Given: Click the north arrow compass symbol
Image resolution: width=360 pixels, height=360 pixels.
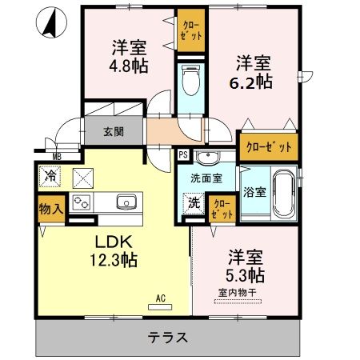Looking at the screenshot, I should point(50,23).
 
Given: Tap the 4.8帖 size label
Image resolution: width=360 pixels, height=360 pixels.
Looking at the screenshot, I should point(129,66).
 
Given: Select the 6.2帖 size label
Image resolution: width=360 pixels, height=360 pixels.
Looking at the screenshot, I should point(254,81).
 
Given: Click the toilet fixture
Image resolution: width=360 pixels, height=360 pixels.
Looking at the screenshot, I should point(190,81).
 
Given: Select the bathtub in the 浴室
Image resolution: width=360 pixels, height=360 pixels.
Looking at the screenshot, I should point(284,194).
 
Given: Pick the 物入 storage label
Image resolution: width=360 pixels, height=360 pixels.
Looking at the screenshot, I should point(50,210).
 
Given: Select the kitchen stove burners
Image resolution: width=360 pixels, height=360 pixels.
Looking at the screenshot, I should point(82,202).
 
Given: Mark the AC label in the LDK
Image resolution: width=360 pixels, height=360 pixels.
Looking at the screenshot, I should point(161,298).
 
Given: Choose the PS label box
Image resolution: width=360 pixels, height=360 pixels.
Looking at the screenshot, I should point(183,154).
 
